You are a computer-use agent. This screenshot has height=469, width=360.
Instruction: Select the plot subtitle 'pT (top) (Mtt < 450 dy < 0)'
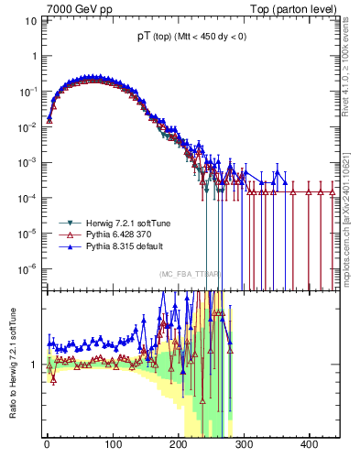(190, 37)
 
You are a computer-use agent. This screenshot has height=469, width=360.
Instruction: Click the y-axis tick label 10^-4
(28, 197)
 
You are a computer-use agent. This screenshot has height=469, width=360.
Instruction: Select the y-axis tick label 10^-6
(28, 267)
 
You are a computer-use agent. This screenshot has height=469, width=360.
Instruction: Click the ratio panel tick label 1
(33, 365)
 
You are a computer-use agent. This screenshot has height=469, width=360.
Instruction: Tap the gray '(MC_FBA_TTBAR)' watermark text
(190, 273)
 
